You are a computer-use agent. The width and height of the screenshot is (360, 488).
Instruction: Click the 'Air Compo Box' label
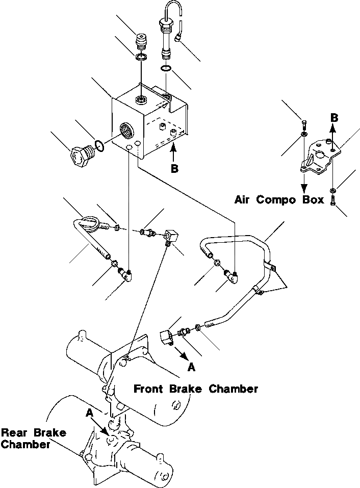[279, 199]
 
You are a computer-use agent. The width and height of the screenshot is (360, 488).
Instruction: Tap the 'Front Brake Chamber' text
[196, 389]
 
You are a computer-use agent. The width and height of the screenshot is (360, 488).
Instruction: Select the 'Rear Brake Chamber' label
[33, 439]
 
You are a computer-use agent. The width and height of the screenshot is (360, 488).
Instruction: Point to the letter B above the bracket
[334, 117]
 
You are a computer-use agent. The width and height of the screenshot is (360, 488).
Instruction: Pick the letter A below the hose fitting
[191, 366]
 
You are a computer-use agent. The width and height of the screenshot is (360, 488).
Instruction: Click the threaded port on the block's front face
[125, 130]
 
